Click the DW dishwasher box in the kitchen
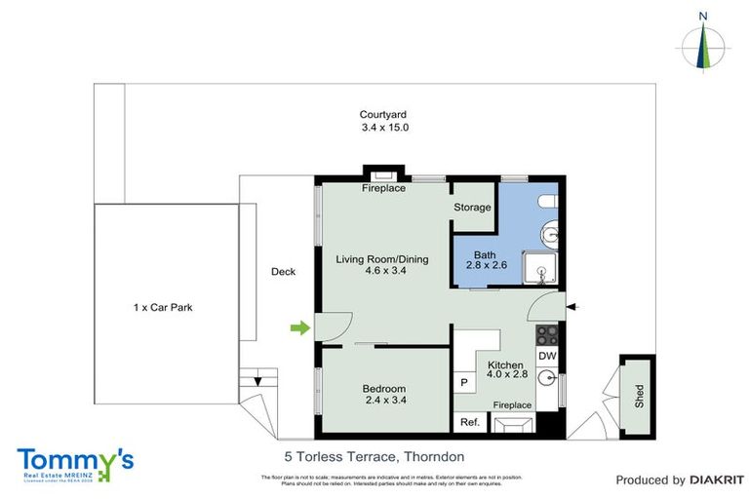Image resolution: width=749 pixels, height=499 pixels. click(x=546, y=356)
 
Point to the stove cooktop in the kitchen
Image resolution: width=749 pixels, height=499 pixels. click(x=546, y=334)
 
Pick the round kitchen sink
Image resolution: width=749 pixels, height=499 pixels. click(x=546, y=380)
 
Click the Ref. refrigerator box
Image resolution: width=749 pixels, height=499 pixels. click(x=469, y=422)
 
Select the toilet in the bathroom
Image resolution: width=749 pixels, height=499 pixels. click(x=548, y=201)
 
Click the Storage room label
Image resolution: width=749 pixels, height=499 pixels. click(x=473, y=208)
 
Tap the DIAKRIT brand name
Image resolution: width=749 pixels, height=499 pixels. click(x=717, y=480)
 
